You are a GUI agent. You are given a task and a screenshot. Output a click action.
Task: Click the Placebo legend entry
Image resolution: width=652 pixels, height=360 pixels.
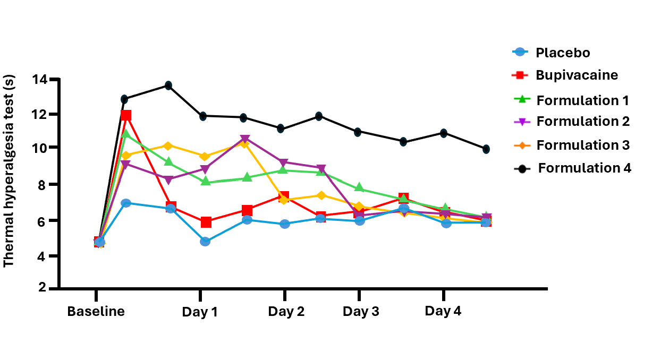[562, 53]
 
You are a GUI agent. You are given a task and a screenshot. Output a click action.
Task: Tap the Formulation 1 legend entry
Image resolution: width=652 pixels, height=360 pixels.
[582, 100]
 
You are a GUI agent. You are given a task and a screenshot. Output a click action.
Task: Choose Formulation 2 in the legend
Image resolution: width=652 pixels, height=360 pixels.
[582, 121]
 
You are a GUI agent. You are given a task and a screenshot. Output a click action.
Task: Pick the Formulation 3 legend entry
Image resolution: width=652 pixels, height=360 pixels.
[582, 144]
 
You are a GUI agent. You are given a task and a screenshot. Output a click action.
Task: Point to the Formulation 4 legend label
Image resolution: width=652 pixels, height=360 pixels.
[584, 168]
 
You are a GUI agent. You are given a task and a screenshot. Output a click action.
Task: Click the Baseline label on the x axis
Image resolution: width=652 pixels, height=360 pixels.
[96, 311]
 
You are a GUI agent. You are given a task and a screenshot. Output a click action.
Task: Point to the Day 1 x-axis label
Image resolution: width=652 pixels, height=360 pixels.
[200, 312]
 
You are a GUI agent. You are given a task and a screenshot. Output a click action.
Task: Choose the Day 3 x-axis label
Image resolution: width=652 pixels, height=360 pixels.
[361, 312]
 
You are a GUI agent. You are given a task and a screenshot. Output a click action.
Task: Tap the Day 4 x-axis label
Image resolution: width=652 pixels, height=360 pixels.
[443, 311]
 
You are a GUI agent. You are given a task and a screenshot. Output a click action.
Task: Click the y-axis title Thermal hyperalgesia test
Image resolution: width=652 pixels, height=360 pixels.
[9, 170]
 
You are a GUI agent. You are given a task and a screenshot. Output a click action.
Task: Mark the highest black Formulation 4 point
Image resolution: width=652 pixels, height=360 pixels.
[168, 85]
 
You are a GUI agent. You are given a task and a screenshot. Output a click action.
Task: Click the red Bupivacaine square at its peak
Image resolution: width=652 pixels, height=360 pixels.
[126, 115]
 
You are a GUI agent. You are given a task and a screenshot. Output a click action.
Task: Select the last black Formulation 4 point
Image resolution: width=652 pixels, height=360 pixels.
[486, 149]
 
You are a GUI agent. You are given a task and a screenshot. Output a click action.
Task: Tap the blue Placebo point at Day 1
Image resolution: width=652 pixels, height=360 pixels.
[205, 242]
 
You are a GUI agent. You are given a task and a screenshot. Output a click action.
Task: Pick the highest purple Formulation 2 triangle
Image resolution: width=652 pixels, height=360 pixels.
[245, 140]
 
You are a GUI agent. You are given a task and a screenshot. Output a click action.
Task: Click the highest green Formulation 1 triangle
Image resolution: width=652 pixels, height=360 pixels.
[126, 134]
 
